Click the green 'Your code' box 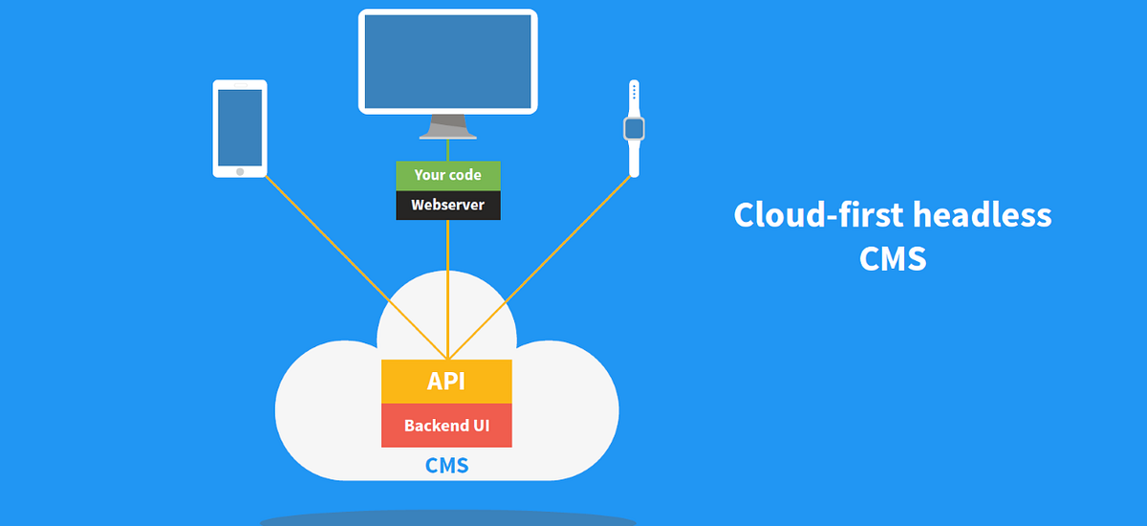tap(447, 175)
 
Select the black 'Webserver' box tap(447, 205)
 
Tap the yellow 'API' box tap(446, 382)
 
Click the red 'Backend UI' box tap(446, 426)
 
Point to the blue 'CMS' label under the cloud tap(446, 468)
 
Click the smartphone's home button tap(239, 171)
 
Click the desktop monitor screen tap(447, 61)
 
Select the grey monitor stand tap(447, 126)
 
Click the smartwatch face tap(633, 128)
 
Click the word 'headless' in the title tap(983, 214)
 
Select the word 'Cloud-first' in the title tap(819, 214)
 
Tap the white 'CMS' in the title tap(893, 257)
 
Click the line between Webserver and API tap(447, 287)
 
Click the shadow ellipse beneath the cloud tap(447, 519)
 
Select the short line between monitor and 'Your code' tap(447, 150)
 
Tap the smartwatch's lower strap tap(633, 160)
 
